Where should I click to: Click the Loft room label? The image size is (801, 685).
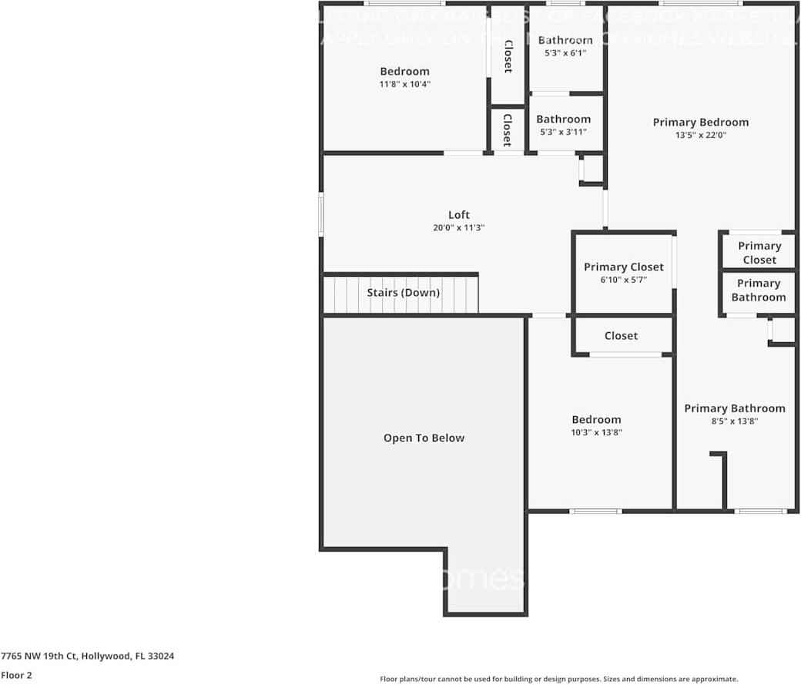(459, 215)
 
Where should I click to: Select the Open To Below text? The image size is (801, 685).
(424, 438)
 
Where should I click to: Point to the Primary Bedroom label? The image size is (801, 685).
(700, 123)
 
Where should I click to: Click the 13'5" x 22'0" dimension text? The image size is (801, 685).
(700, 135)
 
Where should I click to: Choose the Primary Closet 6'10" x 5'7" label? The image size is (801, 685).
(623, 267)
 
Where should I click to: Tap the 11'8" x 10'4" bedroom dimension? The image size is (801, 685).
(404, 84)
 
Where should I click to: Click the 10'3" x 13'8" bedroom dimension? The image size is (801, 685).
(596, 433)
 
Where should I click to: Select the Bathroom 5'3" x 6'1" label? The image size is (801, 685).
(565, 40)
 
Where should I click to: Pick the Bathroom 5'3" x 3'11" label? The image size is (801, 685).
(564, 119)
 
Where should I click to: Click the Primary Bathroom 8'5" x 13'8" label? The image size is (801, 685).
(735, 408)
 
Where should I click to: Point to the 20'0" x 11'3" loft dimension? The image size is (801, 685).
(459, 228)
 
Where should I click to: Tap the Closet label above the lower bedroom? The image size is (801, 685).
(621, 336)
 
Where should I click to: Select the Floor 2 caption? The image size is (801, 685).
(16, 675)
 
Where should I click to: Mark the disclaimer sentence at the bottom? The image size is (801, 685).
(559, 679)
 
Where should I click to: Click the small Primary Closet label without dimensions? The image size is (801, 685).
(759, 253)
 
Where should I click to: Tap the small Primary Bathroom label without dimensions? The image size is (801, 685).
(759, 290)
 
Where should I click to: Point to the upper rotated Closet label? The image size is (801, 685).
(508, 56)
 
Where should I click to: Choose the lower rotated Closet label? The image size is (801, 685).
(507, 129)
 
